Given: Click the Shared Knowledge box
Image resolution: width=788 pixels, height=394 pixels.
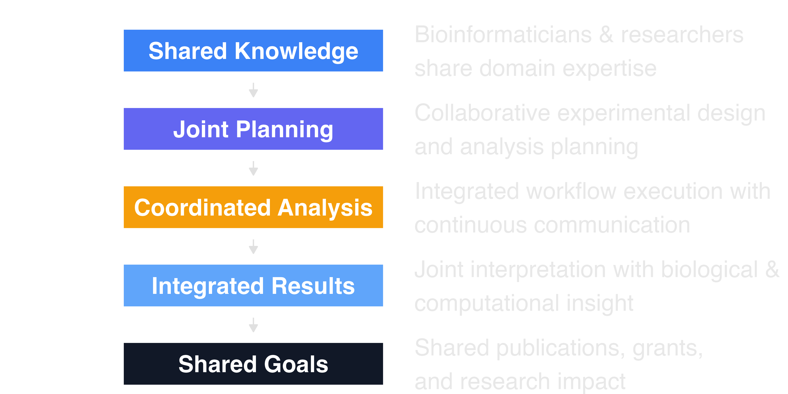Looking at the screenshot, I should pos(253,51).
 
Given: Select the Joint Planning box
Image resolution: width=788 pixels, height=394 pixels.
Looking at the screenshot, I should pos(253,129).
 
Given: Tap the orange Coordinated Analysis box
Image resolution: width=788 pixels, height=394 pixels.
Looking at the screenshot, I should pos(253,207).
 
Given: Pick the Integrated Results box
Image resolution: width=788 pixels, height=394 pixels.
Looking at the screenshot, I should pos(253,286).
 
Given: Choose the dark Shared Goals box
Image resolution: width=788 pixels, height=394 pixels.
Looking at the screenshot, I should pos(253,364).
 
